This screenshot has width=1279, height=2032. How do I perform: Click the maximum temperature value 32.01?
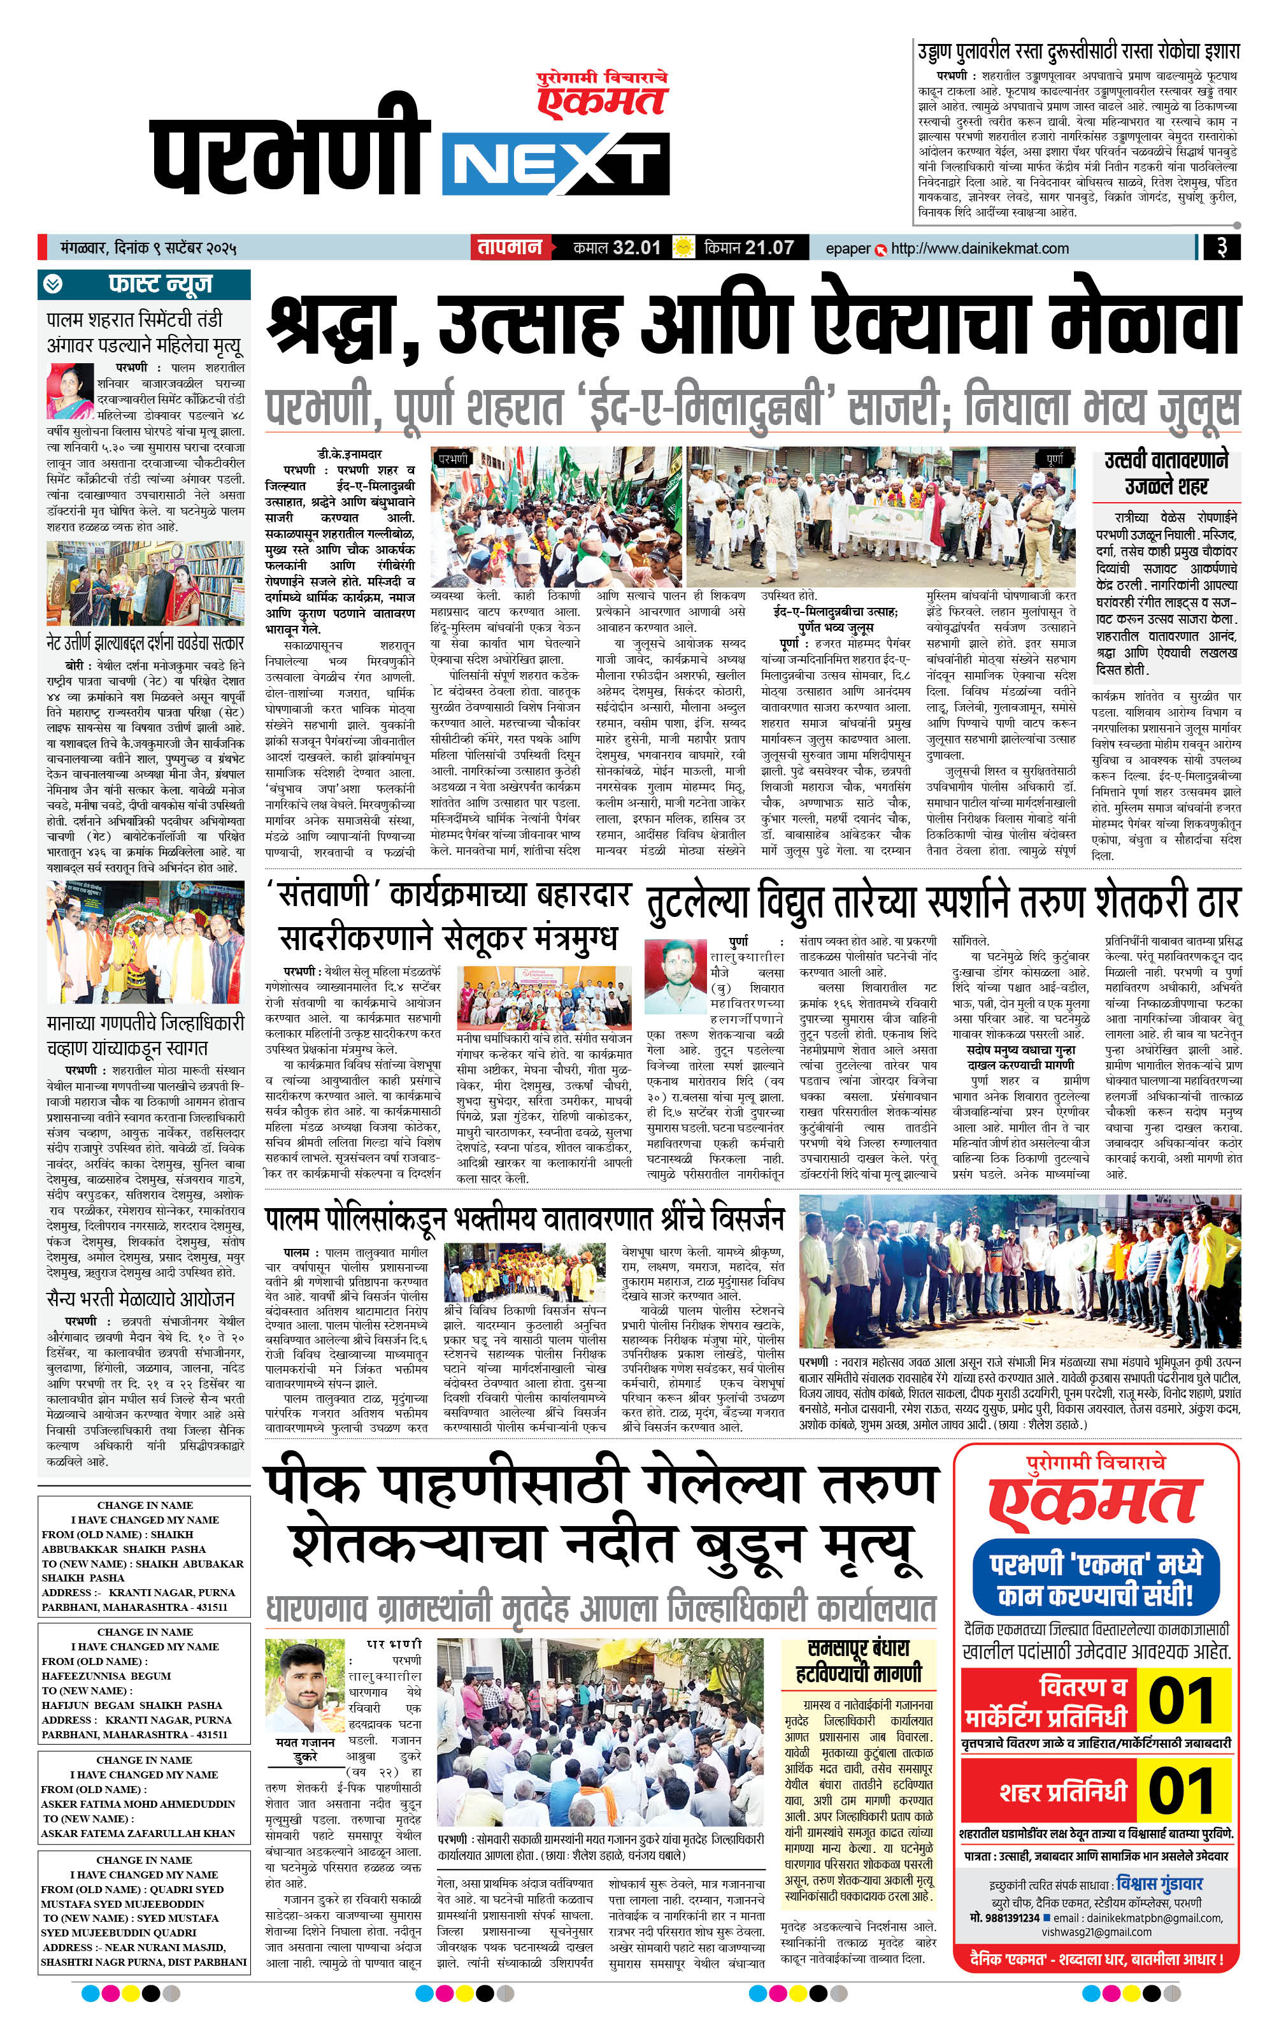(x=636, y=248)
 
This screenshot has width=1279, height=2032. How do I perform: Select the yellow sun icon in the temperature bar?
(x=683, y=248)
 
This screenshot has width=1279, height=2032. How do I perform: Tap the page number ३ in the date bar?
(x=1220, y=248)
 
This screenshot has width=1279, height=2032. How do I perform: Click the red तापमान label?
(x=510, y=248)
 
